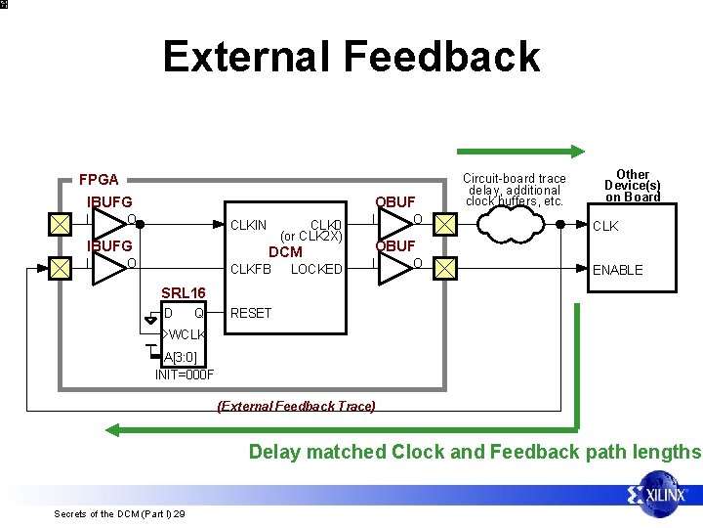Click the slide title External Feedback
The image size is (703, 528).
pyautogui.click(x=351, y=57)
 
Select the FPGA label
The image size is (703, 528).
pyautogui.click(x=99, y=179)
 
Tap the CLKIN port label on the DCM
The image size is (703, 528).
pyautogui.click(x=249, y=226)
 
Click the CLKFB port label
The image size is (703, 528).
pyautogui.click(x=249, y=269)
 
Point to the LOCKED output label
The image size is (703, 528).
pyautogui.click(x=316, y=269)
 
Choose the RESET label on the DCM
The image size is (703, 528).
pyautogui.click(x=250, y=313)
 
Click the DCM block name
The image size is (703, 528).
pyautogui.click(x=285, y=252)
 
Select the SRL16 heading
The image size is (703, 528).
pyautogui.click(x=183, y=293)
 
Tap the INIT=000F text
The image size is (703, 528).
pyautogui.click(x=184, y=374)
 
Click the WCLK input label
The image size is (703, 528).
pyautogui.click(x=186, y=335)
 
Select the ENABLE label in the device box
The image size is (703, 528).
pyautogui.click(x=618, y=270)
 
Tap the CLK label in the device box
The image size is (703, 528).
pyautogui.click(x=605, y=227)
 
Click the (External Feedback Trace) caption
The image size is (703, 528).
pyautogui.click(x=296, y=406)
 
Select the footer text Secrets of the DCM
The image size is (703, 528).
pyautogui.click(x=120, y=513)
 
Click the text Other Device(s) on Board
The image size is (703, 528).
pyautogui.click(x=632, y=186)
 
